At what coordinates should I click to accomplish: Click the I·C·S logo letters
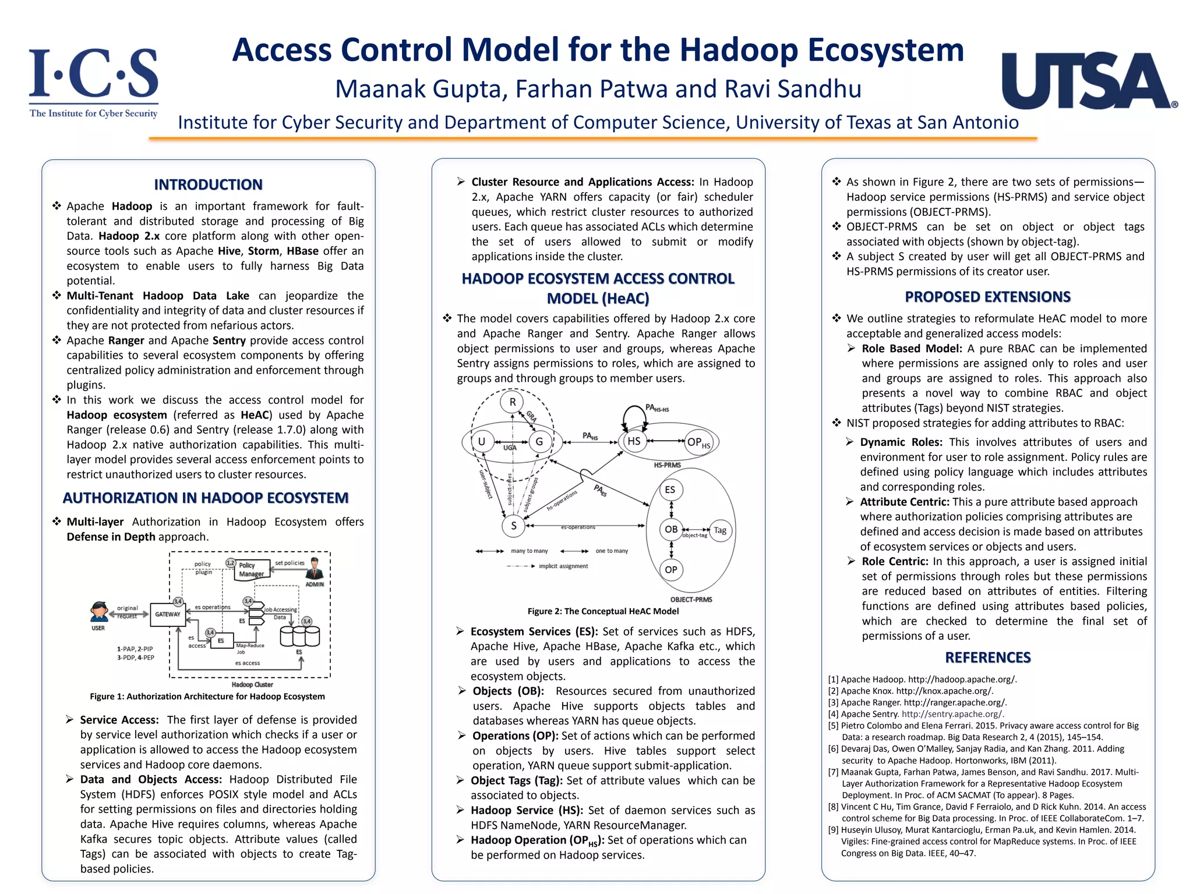pos(94,74)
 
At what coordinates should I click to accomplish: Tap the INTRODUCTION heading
pos(208,185)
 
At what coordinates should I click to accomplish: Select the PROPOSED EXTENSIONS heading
pos(987,297)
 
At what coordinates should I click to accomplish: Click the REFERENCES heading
pos(987,657)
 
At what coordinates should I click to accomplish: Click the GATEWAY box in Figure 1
pos(168,614)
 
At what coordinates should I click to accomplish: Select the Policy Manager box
pos(252,570)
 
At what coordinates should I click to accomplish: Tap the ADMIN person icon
pos(315,567)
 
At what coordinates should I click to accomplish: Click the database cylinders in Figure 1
pos(299,636)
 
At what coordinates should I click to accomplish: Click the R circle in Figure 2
pos(513,402)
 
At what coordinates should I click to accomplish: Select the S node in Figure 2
pos(513,526)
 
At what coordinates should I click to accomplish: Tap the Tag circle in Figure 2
pos(720,530)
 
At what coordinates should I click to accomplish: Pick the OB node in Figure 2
pos(671,529)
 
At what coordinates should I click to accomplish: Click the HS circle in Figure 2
pos(634,441)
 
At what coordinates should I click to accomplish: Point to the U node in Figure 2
pos(482,441)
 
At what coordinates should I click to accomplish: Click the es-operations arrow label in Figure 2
pos(578,527)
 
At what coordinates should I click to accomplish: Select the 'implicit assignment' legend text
pos(563,566)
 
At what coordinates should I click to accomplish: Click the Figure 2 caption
pos(603,611)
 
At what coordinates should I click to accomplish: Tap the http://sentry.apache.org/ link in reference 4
pos(952,714)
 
